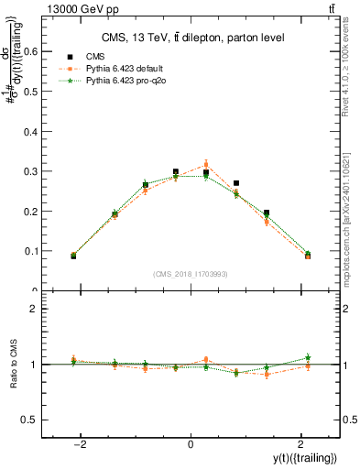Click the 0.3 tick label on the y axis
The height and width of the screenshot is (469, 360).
[39, 171]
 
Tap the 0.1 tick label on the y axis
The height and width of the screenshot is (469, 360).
[39, 251]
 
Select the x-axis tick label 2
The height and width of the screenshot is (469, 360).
[300, 444]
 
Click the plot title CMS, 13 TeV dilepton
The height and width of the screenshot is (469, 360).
[191, 38]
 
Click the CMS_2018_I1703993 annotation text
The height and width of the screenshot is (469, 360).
[191, 274]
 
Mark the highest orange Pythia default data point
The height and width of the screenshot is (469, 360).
[206, 165]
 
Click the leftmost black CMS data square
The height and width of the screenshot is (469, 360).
[73, 256]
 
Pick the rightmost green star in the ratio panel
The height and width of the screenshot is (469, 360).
[308, 357]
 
